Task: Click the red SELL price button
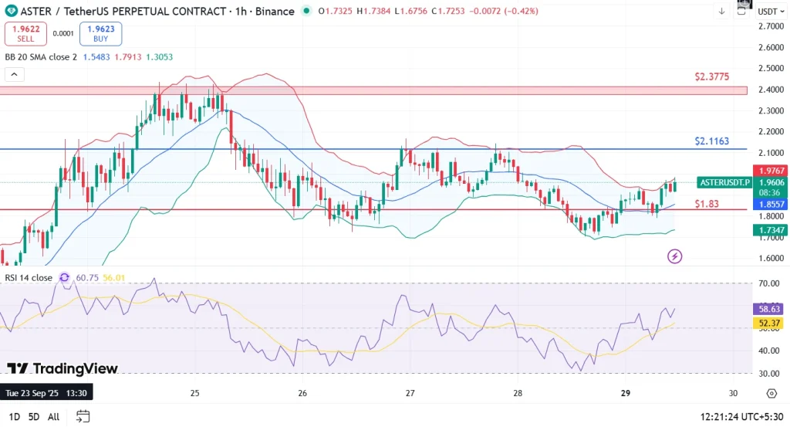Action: (x=25, y=33)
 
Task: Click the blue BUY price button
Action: (x=100, y=33)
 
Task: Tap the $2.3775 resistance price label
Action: (x=711, y=76)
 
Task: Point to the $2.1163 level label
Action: (x=711, y=141)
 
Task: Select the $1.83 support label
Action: (x=707, y=203)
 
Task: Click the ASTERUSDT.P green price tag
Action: (x=724, y=182)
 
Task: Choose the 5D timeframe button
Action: (x=33, y=417)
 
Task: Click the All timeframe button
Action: (x=53, y=417)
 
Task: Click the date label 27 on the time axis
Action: (x=410, y=392)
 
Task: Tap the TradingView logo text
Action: (x=62, y=368)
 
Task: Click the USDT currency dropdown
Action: (x=769, y=12)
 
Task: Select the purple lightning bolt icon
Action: (x=675, y=256)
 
